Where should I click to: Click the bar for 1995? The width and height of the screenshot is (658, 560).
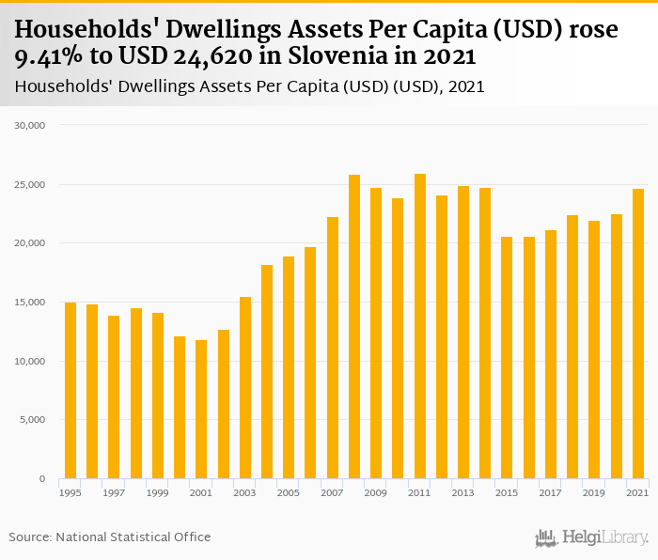pos(70,391)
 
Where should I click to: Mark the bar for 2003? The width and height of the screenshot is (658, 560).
pos(245,388)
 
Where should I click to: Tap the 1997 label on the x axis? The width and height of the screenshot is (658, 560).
pos(114,492)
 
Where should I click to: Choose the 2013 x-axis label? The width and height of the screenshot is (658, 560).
pos(463,492)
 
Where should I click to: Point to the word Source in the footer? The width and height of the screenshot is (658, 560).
pos(30,537)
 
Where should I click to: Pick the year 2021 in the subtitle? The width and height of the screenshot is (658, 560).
pos(466,87)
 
